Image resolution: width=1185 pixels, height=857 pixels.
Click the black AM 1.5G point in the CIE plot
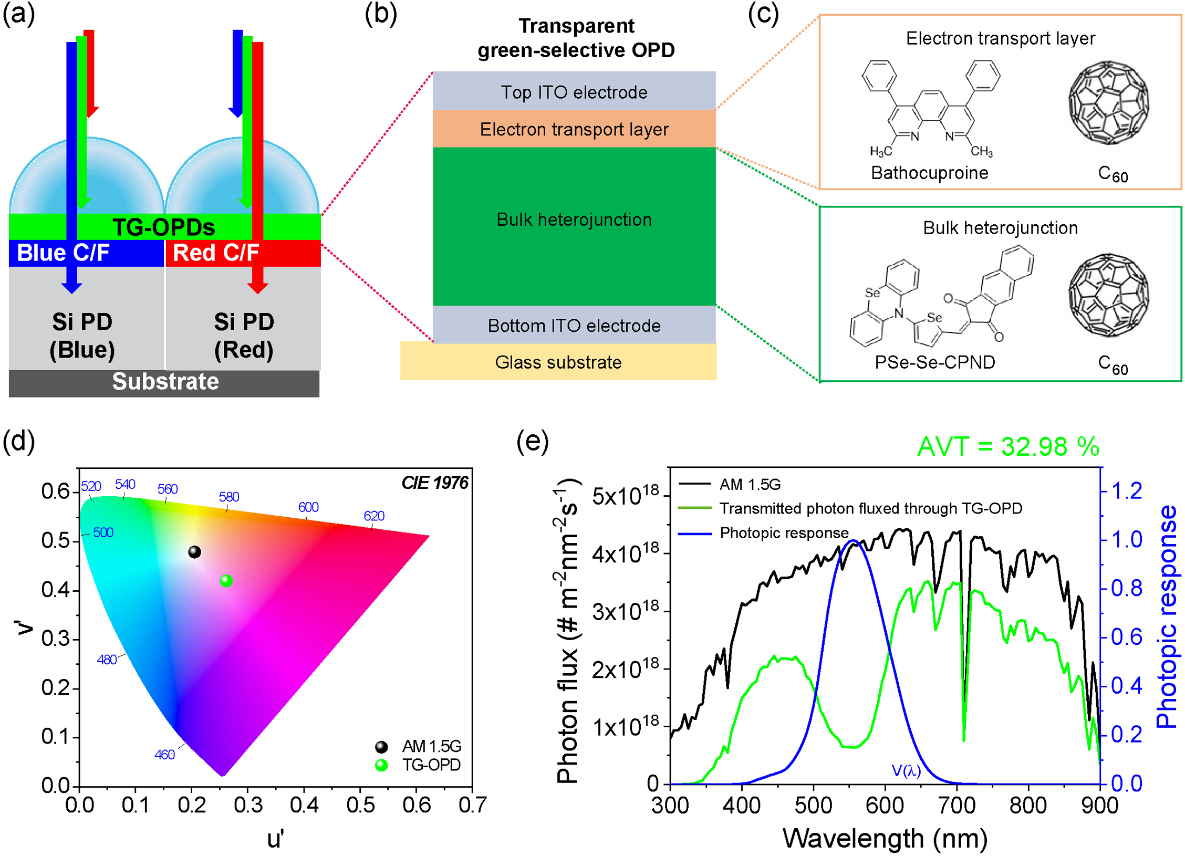click(x=194, y=552)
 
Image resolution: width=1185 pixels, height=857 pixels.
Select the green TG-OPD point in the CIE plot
click(x=226, y=581)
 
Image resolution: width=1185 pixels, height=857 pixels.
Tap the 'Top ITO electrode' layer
click(x=574, y=92)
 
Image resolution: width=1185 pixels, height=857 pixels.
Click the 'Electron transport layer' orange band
click(x=574, y=129)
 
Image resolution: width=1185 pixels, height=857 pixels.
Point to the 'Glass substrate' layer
click(x=558, y=362)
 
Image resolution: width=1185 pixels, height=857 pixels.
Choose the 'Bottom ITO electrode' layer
click(x=574, y=326)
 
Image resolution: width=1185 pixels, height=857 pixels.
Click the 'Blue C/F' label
click(x=63, y=253)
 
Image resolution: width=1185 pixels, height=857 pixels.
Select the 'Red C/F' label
click(x=216, y=253)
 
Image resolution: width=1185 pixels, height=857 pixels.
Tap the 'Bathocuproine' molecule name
click(x=929, y=173)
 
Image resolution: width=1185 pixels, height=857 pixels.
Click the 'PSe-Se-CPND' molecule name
click(x=934, y=362)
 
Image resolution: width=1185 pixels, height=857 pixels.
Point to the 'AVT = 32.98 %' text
click(x=1008, y=447)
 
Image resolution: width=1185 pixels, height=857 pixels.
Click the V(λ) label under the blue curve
click(x=906, y=771)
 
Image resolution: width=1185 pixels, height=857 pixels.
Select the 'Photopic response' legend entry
click(x=784, y=533)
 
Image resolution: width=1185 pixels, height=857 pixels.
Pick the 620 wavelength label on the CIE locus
click(x=374, y=516)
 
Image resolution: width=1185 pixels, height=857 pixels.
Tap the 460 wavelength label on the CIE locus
click(x=164, y=755)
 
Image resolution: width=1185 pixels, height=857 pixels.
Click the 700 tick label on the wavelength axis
click(x=957, y=806)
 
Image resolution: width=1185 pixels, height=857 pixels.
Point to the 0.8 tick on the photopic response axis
click(x=1126, y=588)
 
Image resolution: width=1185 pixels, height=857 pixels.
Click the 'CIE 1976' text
click(x=434, y=483)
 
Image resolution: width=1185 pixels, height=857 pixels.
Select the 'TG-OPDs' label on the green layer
click(x=164, y=227)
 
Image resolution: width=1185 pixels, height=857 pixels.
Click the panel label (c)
click(x=763, y=14)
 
